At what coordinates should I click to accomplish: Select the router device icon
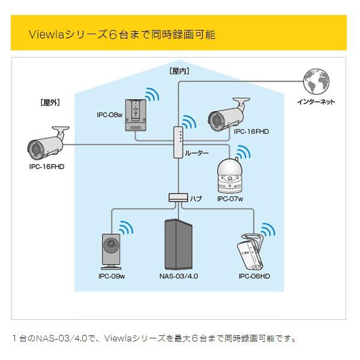[x=178, y=143]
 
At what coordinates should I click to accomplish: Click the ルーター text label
[x=197, y=154]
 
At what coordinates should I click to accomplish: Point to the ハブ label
[x=196, y=198]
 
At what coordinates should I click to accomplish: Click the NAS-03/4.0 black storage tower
[x=177, y=245]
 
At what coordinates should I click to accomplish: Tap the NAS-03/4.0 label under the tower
[x=178, y=277]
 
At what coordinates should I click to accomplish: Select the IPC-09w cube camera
[x=110, y=251]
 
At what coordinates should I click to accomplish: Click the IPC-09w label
[x=111, y=277]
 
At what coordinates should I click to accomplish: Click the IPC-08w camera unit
[x=137, y=114]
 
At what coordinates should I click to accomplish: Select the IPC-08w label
[x=109, y=115]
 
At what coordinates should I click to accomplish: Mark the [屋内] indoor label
[x=179, y=71]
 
